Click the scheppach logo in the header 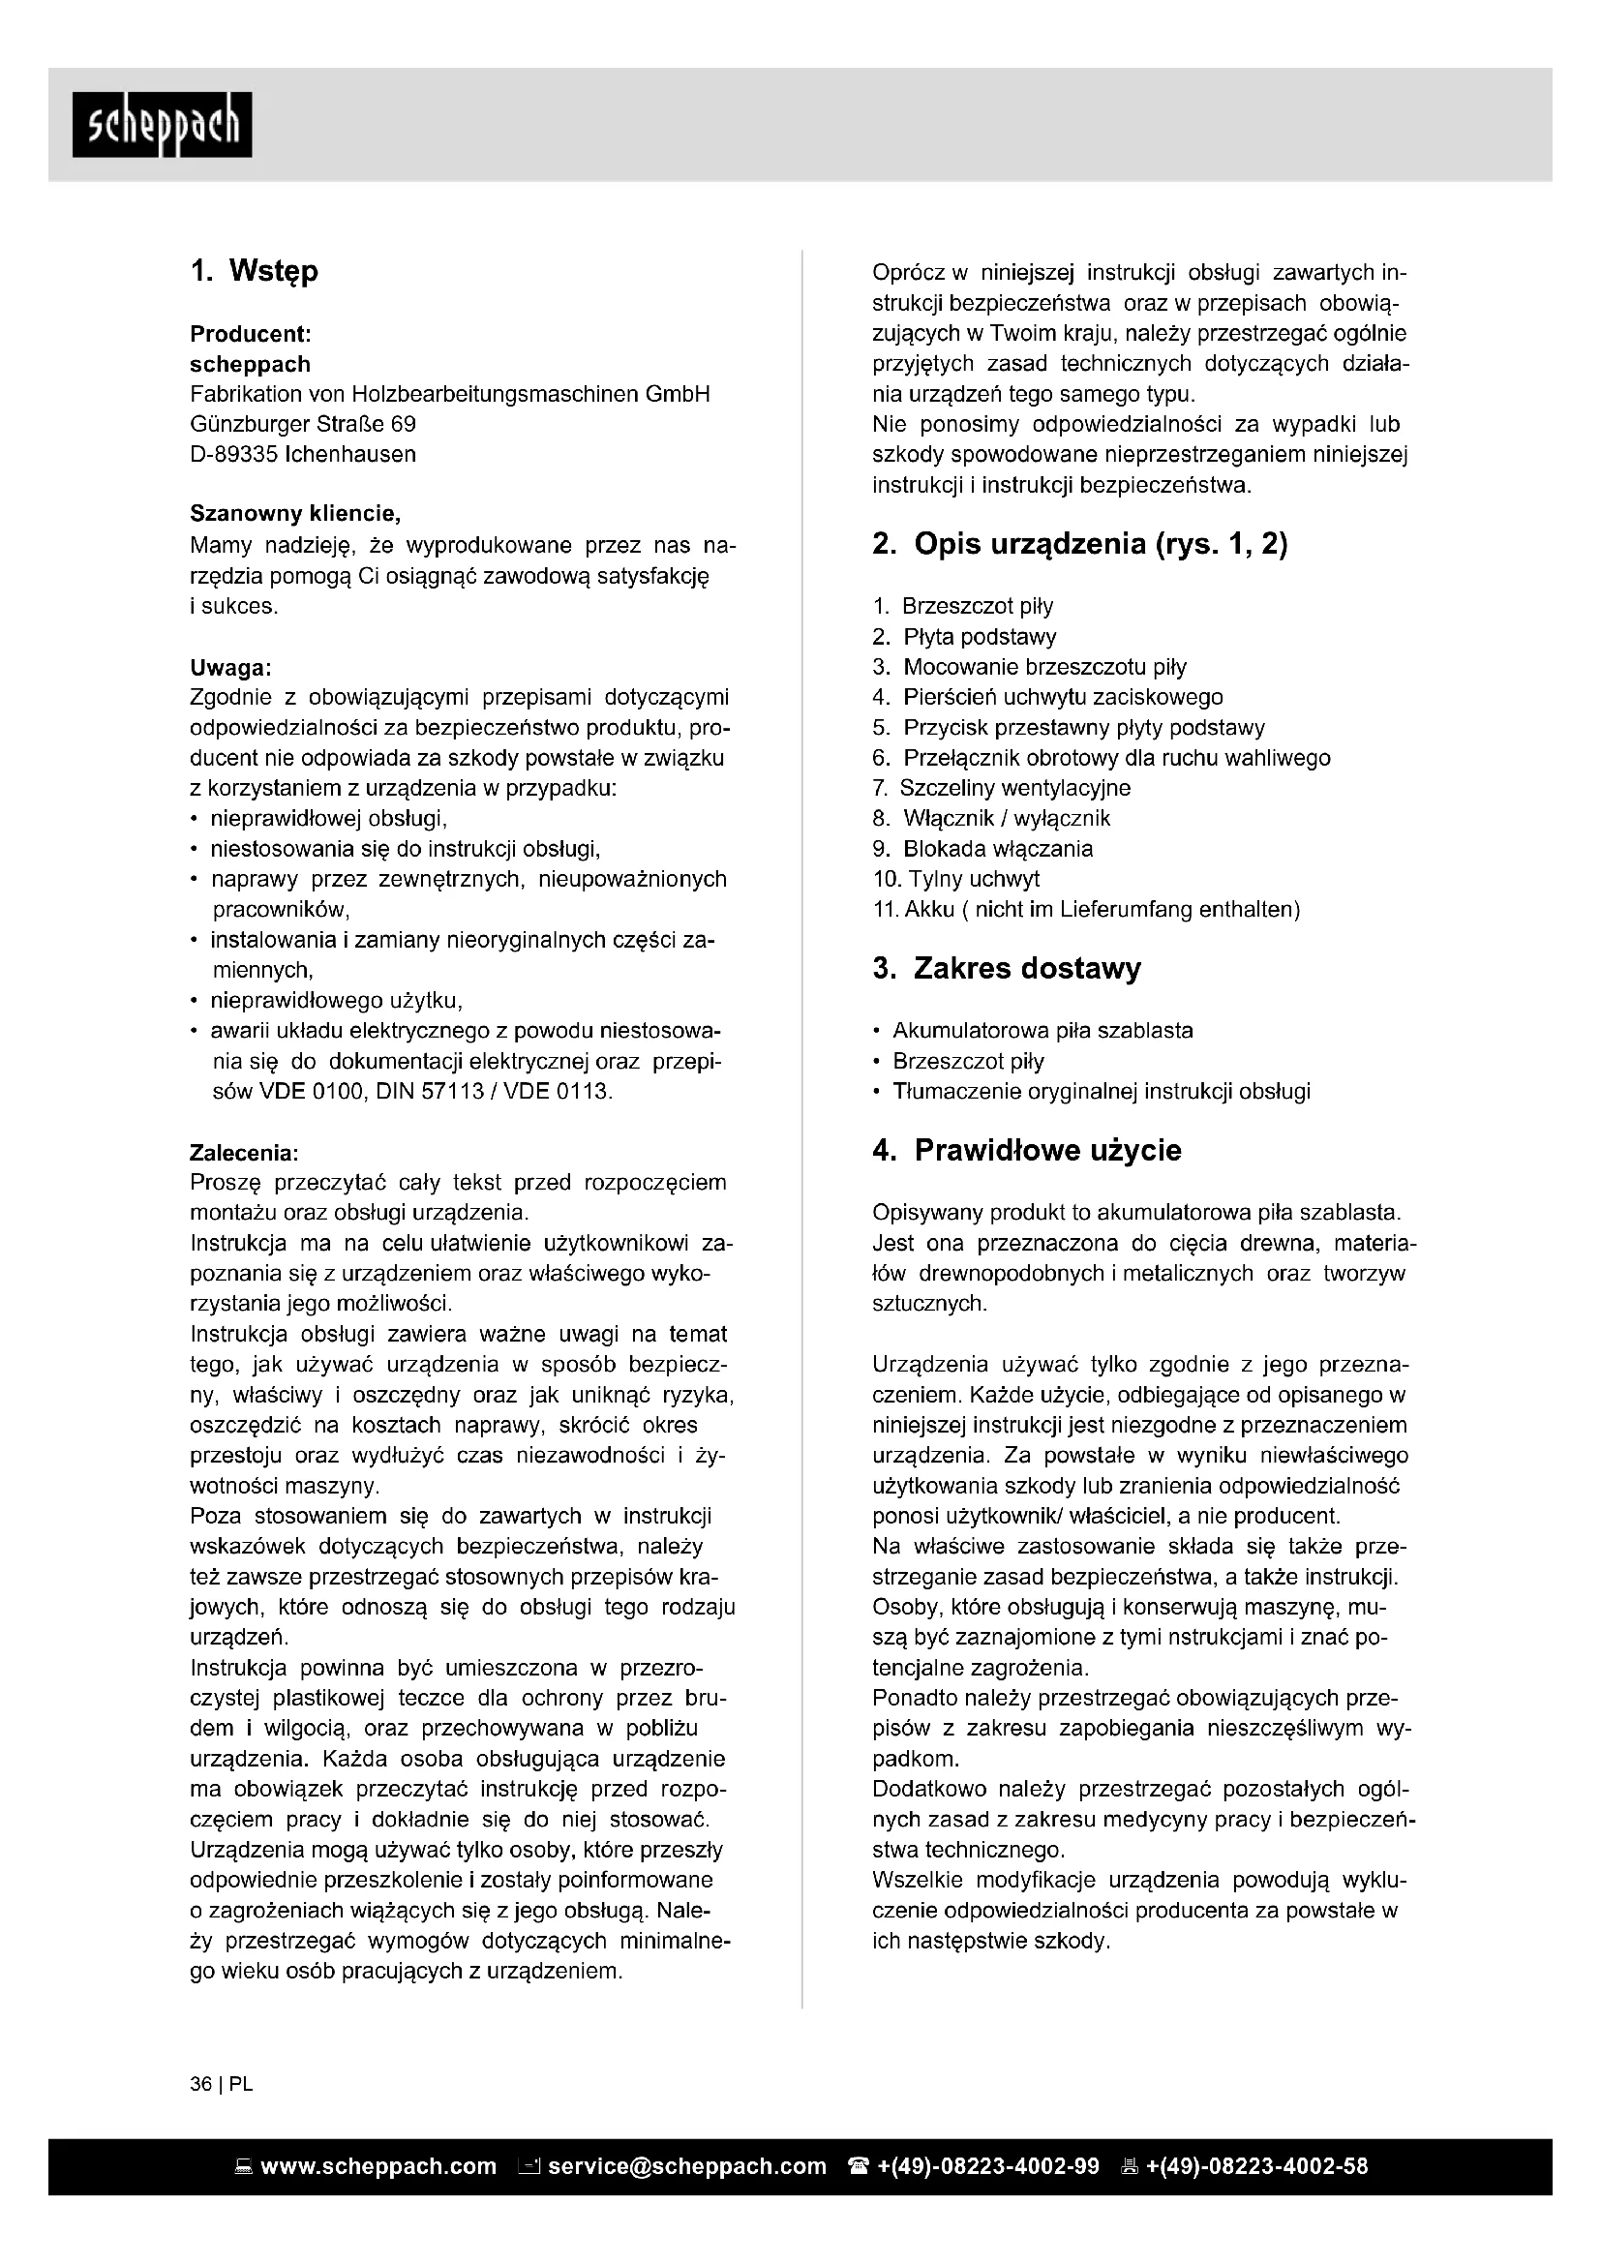[x=162, y=124]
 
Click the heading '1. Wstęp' [x=255, y=271]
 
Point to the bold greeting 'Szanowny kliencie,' [x=295, y=514]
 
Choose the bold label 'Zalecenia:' [x=244, y=1152]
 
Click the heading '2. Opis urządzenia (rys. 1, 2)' [x=1079, y=543]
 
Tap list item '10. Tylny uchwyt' [x=955, y=879]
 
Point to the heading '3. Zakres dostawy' [x=1006, y=968]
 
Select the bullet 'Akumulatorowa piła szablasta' [x=1042, y=1031]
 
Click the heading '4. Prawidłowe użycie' [x=1026, y=1150]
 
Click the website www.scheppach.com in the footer [x=378, y=2166]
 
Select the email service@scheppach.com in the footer [x=686, y=2166]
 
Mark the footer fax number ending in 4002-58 [x=1256, y=2166]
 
